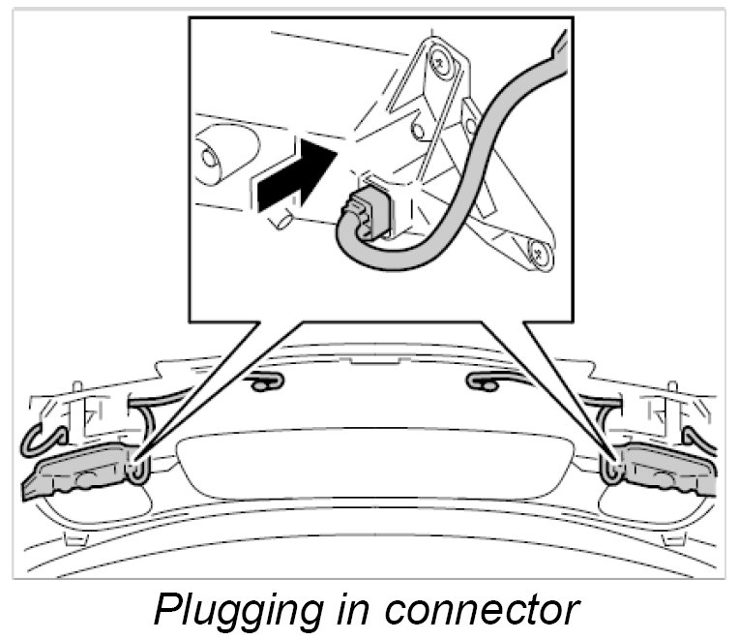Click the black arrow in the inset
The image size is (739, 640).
pyautogui.click(x=290, y=176)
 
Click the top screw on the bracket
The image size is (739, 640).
pyautogui.click(x=441, y=60)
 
